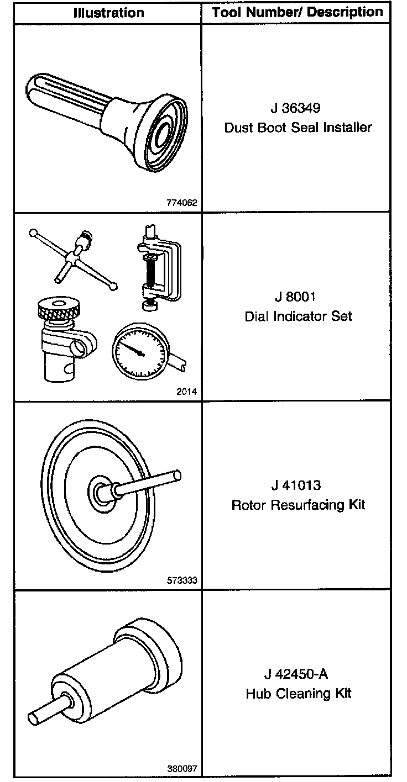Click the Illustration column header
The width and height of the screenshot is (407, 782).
pyautogui.click(x=108, y=13)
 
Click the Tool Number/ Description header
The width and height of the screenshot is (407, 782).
pyautogui.click(x=298, y=12)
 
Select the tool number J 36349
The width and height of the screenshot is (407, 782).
pyautogui.click(x=298, y=108)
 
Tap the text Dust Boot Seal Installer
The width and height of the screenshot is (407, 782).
pyautogui.click(x=298, y=128)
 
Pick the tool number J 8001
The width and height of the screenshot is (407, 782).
pyautogui.click(x=298, y=297)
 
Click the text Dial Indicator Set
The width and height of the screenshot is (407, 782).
pyautogui.click(x=298, y=316)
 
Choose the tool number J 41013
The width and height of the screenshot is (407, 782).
pyautogui.click(x=298, y=485)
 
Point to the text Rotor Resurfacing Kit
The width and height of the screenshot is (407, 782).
pyautogui.click(x=298, y=505)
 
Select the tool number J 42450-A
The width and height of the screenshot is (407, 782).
pyautogui.click(x=298, y=674)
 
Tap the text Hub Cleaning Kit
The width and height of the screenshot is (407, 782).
pyautogui.click(x=298, y=694)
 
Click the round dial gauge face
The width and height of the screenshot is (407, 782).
pyautogui.click(x=137, y=351)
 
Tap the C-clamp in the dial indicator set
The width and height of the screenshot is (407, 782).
pyautogui.click(x=160, y=265)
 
